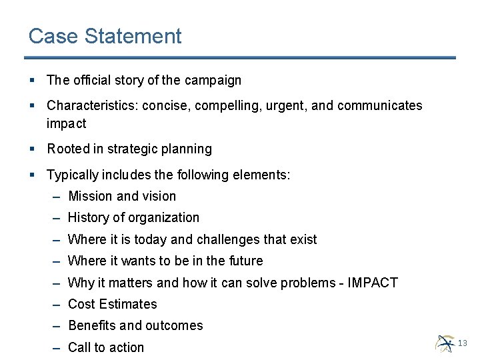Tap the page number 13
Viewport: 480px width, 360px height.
463,343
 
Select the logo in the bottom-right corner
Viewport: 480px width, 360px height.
445,343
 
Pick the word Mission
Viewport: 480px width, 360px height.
90,196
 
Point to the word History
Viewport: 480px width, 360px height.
88,217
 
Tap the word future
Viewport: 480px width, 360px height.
245,261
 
